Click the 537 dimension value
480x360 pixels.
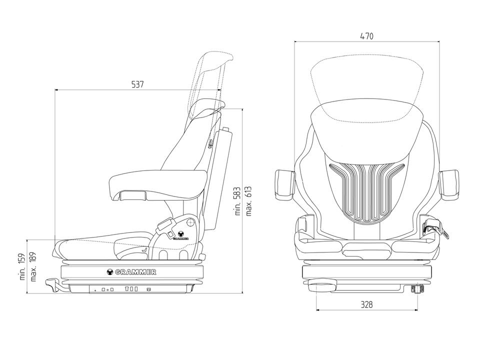tap(137, 84)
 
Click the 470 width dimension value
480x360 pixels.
tap(366, 36)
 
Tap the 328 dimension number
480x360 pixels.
tap(366, 304)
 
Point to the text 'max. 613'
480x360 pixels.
tap(248, 201)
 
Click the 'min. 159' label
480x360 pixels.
tap(22, 266)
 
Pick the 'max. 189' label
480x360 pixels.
tap(33, 266)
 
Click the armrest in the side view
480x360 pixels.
tap(158, 184)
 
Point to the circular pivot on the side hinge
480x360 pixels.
tap(190, 222)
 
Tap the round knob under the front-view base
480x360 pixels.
tap(321, 286)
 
